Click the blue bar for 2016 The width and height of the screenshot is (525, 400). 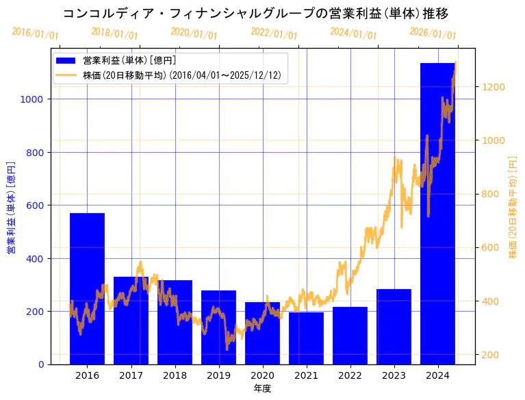point(87,288)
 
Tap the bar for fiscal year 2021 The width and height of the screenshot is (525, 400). point(306,338)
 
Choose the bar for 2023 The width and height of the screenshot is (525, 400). point(394,327)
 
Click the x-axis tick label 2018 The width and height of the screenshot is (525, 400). point(175,375)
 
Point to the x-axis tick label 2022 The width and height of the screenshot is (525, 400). point(350,375)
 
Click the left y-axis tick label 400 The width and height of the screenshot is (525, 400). point(36,258)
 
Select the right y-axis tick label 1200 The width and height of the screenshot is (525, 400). point(494,87)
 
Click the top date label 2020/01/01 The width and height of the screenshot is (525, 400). point(194,34)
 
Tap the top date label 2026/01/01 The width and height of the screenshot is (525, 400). point(433,34)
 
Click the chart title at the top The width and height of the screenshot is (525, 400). point(255,14)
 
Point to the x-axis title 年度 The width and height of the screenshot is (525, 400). point(262,388)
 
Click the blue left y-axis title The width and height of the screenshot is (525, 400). point(10,208)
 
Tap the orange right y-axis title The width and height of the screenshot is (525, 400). point(513,207)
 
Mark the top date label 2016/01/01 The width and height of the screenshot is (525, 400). point(35,34)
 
